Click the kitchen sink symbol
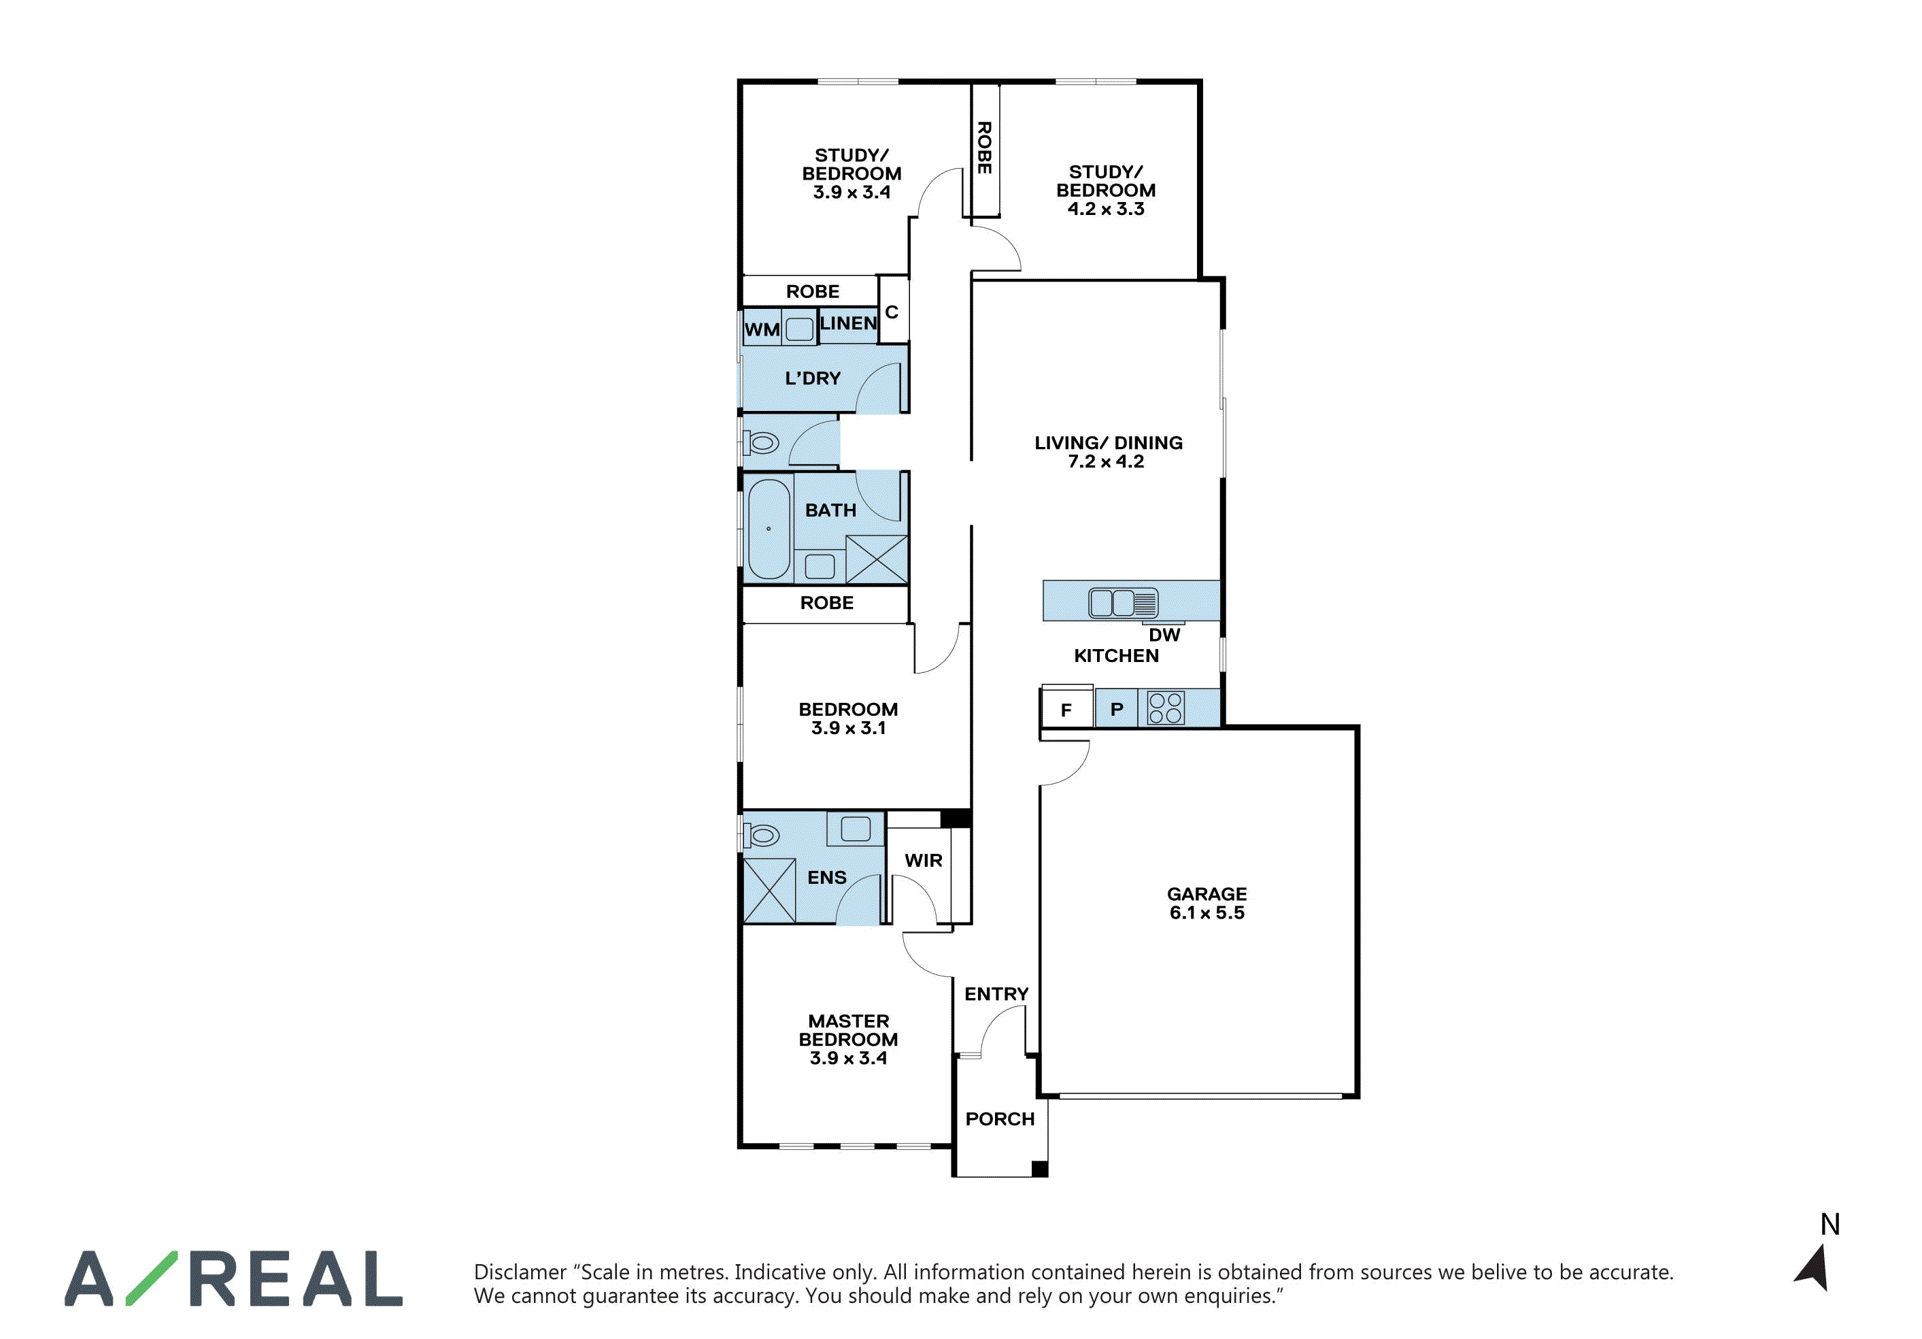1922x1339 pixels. tap(1123, 602)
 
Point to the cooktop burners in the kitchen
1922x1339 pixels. tap(1165, 708)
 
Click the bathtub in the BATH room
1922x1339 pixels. tap(769, 529)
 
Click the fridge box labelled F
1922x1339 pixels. tap(1066, 709)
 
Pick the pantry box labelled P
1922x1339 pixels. tap(1116, 708)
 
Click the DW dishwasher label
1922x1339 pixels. tap(1164, 635)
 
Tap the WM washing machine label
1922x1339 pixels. tap(762, 330)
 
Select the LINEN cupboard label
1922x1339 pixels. tap(848, 323)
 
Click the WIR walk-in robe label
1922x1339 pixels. tap(924, 860)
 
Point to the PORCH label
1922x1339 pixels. tap(1000, 1119)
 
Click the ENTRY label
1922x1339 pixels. tap(996, 994)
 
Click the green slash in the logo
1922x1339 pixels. tap(152, 1278)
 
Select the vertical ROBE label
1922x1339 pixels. tap(984, 148)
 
